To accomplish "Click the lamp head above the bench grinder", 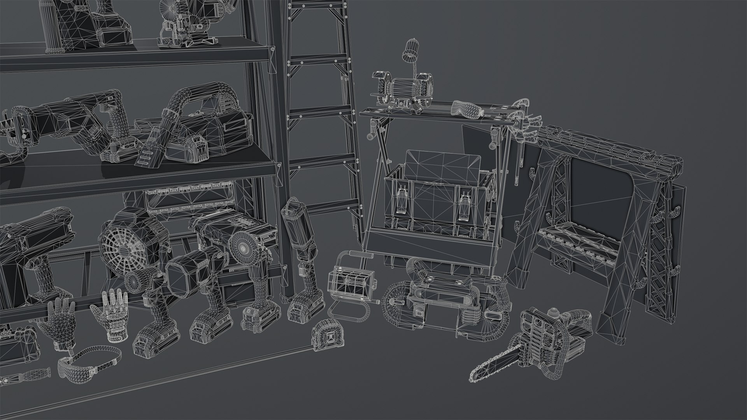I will [410, 50].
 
